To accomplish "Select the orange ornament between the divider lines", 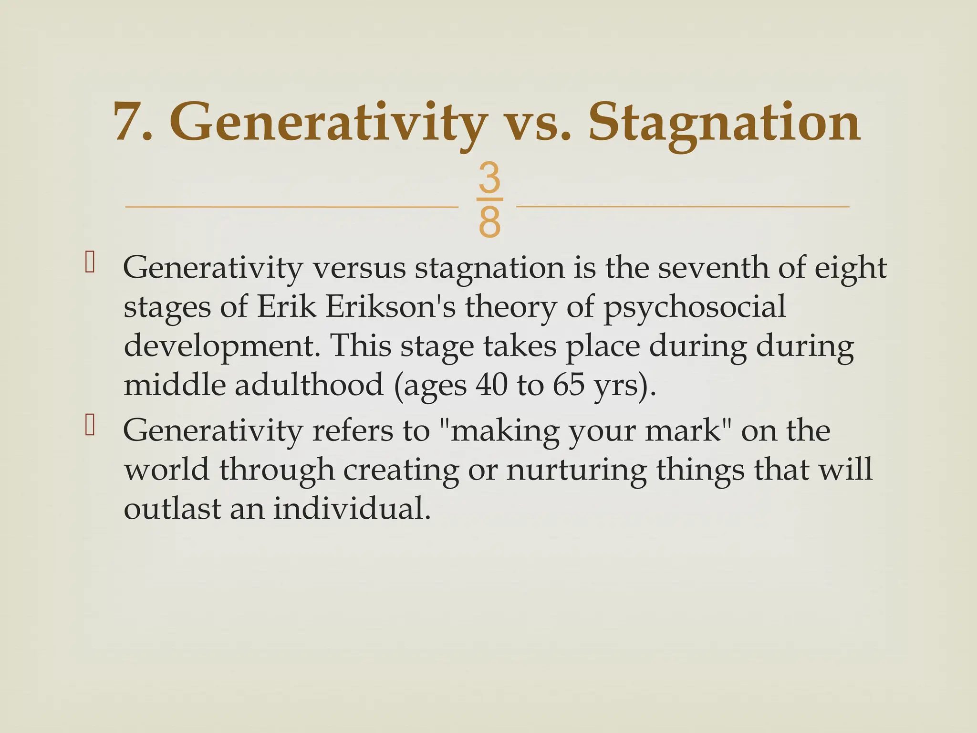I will (489, 200).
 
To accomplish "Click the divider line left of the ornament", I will (291, 207).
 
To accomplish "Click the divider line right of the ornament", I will (682, 207).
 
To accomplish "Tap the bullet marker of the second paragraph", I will (89, 426).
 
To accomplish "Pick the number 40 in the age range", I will (491, 385).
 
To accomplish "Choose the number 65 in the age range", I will (568, 385).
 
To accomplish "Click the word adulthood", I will (309, 385).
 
